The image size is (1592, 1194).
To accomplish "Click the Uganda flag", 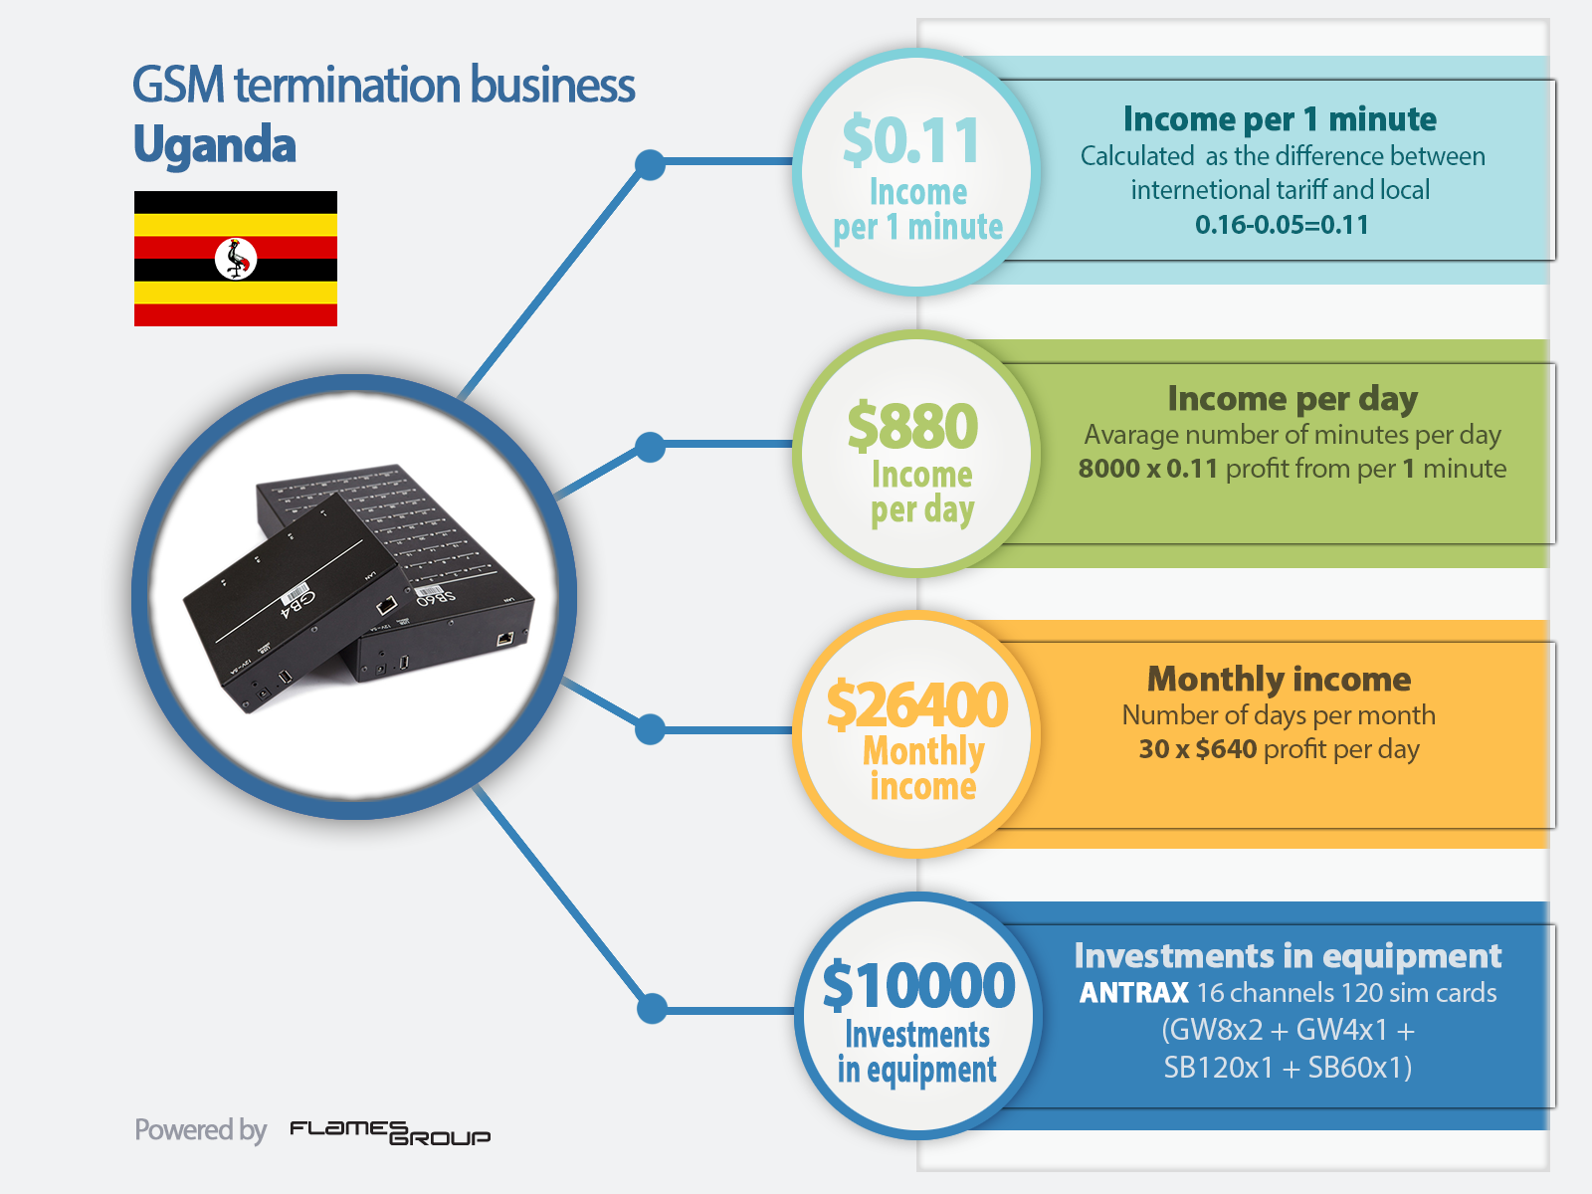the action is (236, 258).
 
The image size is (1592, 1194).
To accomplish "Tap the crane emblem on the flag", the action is (236, 258).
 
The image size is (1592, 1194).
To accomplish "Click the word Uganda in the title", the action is (215, 144).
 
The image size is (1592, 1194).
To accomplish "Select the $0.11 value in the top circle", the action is (911, 140).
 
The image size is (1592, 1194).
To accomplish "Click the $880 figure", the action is (912, 426).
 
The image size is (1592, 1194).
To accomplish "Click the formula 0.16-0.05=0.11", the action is (1282, 225).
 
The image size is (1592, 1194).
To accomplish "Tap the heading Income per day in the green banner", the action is (1293, 399).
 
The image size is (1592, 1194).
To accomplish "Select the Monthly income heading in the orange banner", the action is (1279, 680).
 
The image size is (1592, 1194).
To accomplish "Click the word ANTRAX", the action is (1133, 992).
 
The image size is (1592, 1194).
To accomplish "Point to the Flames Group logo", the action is (390, 1132).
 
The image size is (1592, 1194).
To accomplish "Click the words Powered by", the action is (201, 1130).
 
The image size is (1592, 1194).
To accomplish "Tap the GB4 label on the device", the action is (298, 602).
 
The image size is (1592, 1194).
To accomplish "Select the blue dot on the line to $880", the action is (650, 447).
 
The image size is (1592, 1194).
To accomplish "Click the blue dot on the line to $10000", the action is (652, 1008).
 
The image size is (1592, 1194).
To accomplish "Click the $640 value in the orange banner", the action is (1226, 748).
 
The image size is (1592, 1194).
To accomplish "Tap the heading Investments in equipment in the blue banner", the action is (1288, 956).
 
